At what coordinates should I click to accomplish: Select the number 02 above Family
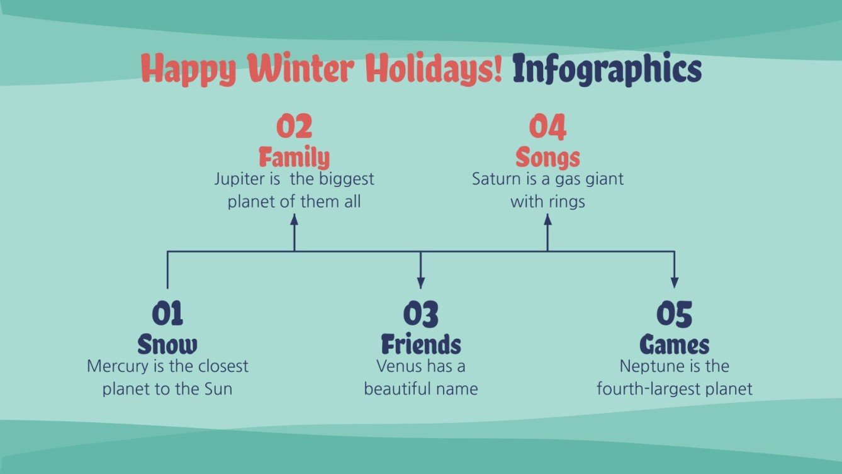[x=294, y=127]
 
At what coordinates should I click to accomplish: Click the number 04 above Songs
[x=547, y=127]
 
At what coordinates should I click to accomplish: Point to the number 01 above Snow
[x=167, y=314]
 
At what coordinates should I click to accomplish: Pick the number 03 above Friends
[x=420, y=314]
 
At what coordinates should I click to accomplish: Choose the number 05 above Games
[x=674, y=314]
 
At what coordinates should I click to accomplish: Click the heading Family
[x=294, y=157]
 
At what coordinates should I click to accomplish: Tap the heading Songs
[x=547, y=157]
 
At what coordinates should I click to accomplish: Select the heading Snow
[x=167, y=344]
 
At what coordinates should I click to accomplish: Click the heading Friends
[x=420, y=344]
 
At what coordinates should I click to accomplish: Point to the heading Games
[x=674, y=344]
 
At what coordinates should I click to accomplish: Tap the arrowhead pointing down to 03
[x=421, y=283]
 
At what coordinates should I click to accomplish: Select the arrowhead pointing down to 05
[x=674, y=283]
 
